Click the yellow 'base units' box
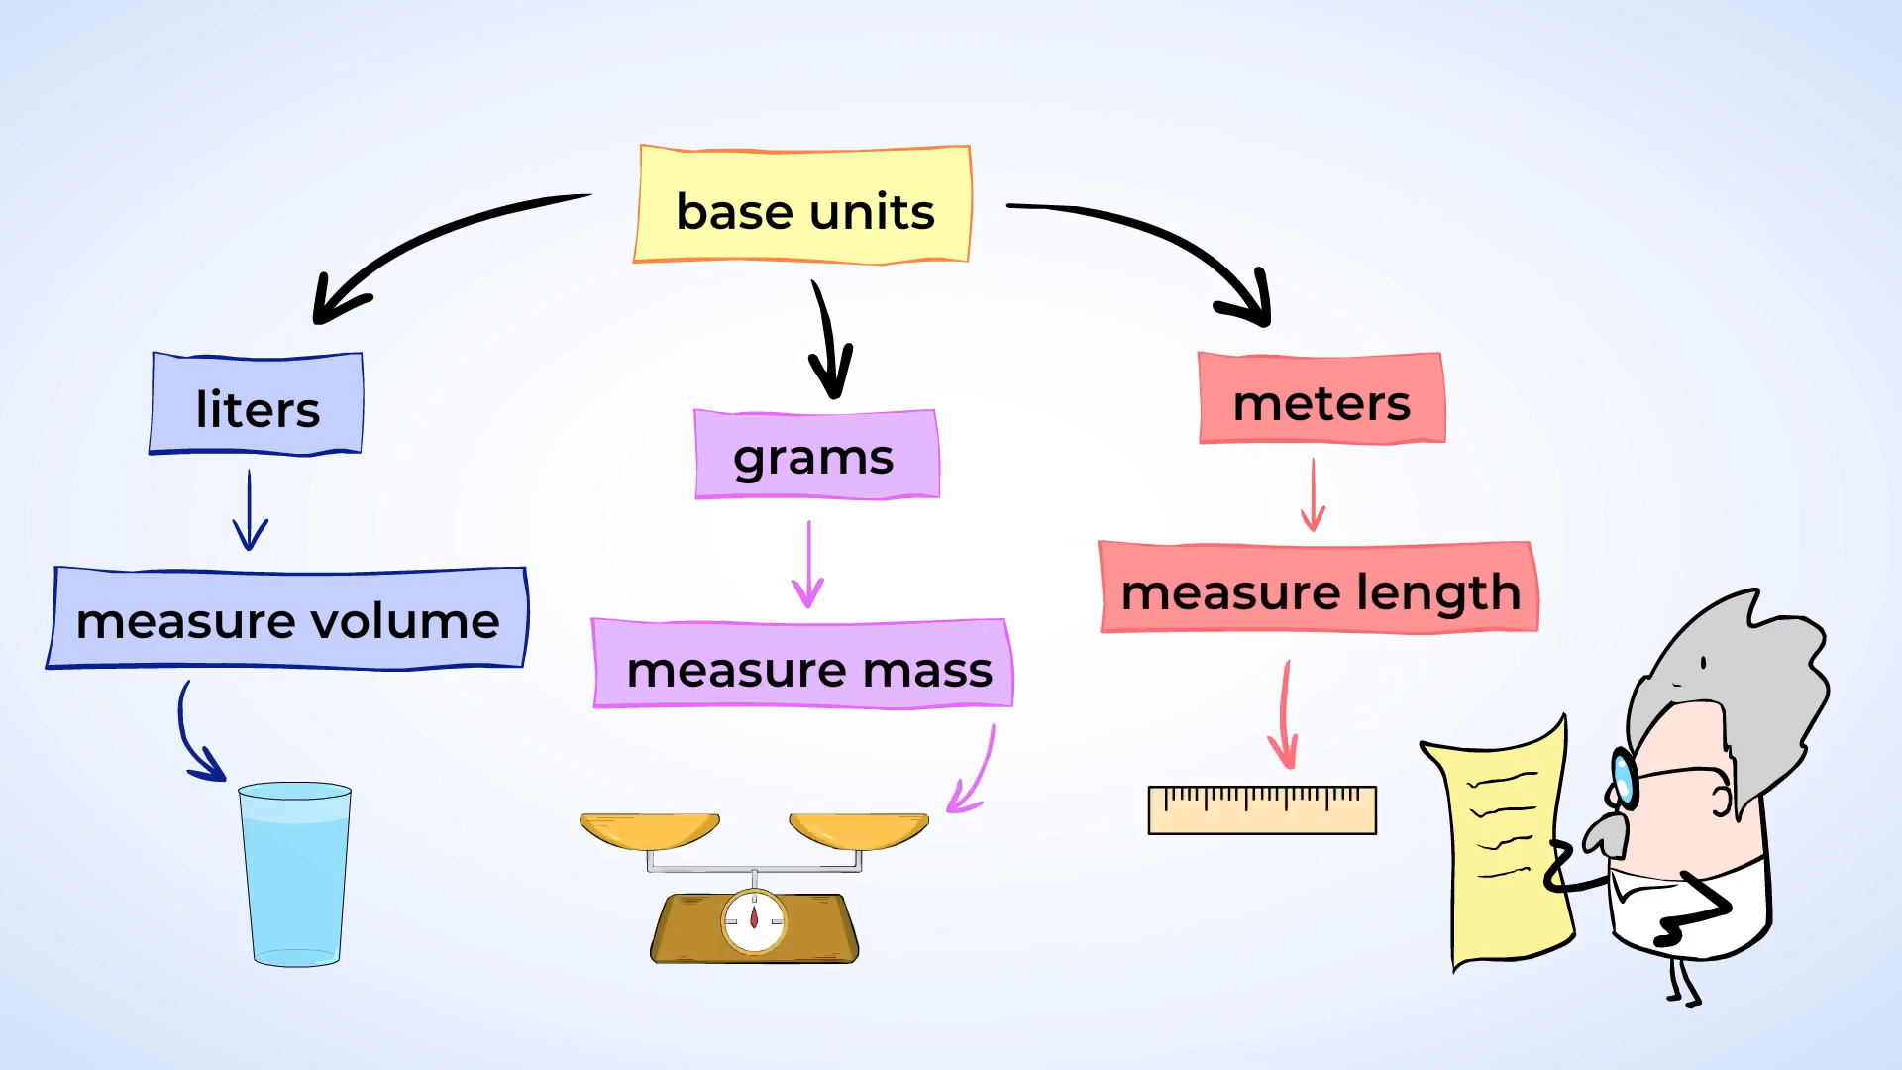click(x=802, y=205)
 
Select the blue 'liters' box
click(x=257, y=404)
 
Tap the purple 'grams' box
click(x=816, y=455)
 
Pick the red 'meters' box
click(x=1321, y=399)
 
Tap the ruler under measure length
click(x=1261, y=810)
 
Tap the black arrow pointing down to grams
click(x=830, y=342)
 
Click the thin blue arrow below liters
click(x=250, y=511)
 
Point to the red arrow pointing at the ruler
click(x=1285, y=715)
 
